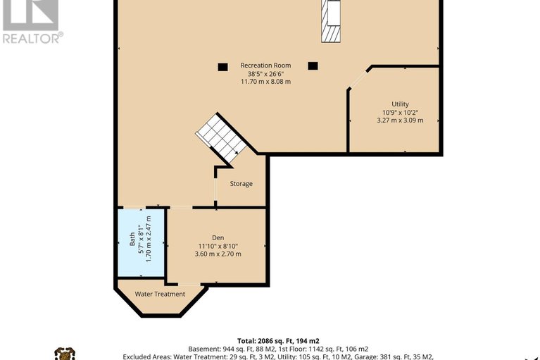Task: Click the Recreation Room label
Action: click(x=265, y=65)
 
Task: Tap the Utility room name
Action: click(x=400, y=104)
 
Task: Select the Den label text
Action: click(x=218, y=237)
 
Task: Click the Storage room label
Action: click(x=241, y=184)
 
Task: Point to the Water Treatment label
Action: click(x=160, y=294)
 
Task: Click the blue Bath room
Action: click(x=142, y=242)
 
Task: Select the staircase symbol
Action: click(x=221, y=139)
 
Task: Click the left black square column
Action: click(x=222, y=67)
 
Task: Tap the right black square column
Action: click(x=313, y=66)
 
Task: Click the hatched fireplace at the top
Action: click(x=331, y=21)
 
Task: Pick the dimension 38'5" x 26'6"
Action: click(x=265, y=74)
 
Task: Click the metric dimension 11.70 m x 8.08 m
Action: click(x=265, y=82)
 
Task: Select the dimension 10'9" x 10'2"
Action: click(x=400, y=112)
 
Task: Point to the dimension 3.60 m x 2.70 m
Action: click(x=218, y=254)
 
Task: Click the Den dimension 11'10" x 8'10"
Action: click(x=218, y=246)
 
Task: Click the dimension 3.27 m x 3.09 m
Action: click(x=400, y=120)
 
